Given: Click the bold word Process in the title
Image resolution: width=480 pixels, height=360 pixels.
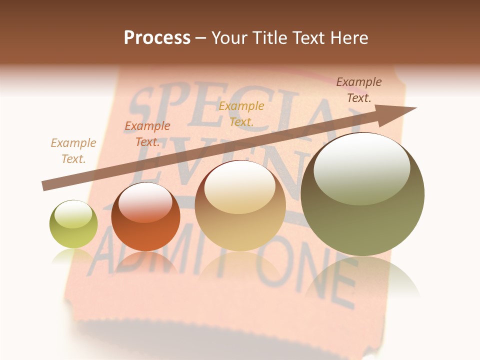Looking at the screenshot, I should [x=157, y=37].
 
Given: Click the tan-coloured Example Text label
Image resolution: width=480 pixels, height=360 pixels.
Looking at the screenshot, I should [x=73, y=150].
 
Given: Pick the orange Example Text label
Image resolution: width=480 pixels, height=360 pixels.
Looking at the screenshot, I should [x=147, y=133].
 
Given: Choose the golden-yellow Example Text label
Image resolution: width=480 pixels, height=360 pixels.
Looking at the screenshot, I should [x=241, y=113].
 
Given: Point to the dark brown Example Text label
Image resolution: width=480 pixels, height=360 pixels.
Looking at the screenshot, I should [x=359, y=90].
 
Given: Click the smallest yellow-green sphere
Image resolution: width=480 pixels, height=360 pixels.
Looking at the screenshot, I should [x=73, y=224].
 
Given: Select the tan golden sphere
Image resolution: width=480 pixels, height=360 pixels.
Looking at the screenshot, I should [x=240, y=205].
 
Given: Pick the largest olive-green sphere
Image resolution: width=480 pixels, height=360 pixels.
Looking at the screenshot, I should [x=362, y=194].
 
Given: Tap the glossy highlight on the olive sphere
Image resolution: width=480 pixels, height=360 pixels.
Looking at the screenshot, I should [x=361, y=167].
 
